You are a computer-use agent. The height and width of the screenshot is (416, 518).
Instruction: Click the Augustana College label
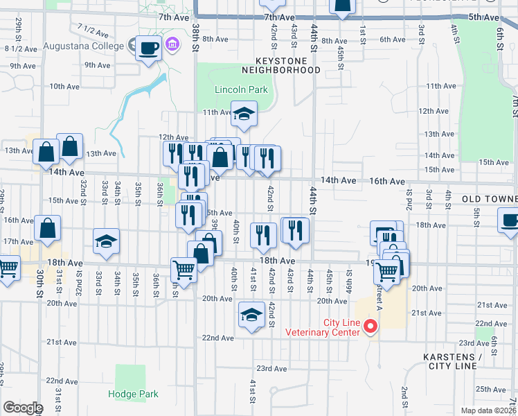(x=83, y=46)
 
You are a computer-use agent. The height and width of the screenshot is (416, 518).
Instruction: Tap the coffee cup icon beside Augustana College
(x=149, y=48)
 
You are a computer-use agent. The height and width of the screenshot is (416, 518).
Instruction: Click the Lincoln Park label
(x=231, y=90)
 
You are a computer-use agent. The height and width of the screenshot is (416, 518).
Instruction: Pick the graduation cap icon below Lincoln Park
(x=243, y=113)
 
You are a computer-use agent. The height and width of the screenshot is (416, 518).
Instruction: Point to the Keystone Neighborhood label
(x=280, y=65)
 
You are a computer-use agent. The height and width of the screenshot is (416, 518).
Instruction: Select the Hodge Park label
(x=133, y=394)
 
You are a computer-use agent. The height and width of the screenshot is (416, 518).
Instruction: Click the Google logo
(x=22, y=408)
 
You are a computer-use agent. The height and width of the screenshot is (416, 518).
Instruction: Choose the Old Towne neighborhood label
(x=490, y=199)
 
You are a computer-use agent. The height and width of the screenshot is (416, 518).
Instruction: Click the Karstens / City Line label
(x=452, y=361)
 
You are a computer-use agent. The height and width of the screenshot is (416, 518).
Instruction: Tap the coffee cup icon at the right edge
(x=510, y=221)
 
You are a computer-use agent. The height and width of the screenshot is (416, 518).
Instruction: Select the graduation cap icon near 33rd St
(x=107, y=241)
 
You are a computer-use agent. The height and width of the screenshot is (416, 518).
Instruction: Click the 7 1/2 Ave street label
(x=94, y=30)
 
